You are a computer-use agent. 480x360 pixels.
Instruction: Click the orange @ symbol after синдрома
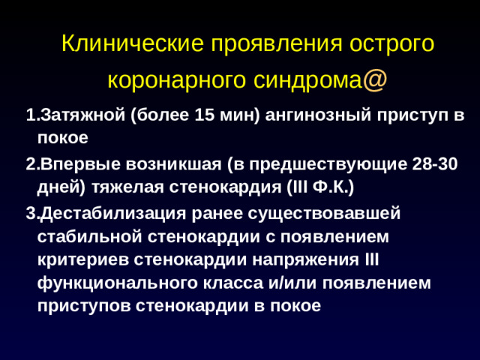(376, 79)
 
